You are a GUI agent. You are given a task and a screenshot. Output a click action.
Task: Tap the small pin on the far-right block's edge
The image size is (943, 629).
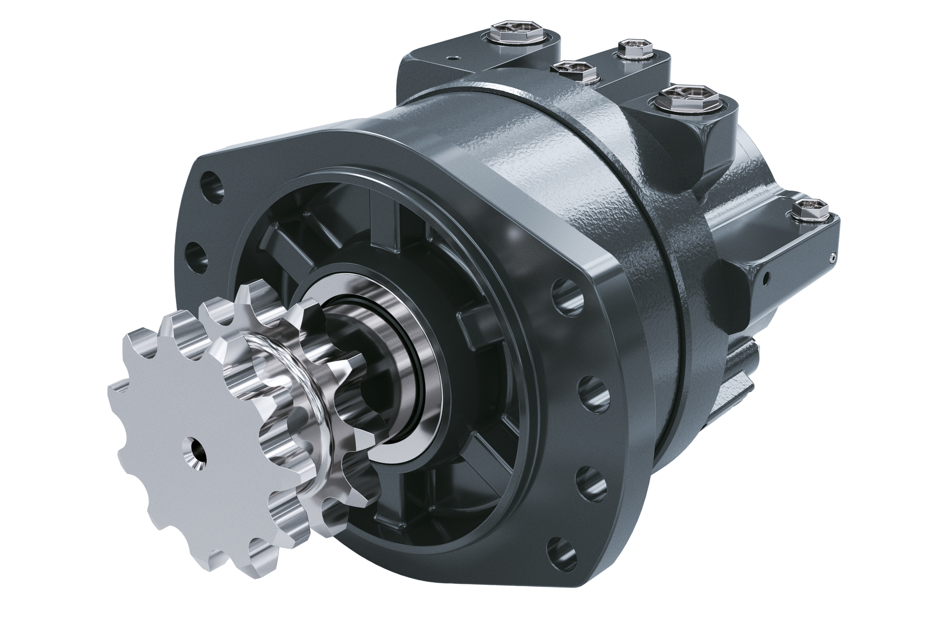pos(833,257)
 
